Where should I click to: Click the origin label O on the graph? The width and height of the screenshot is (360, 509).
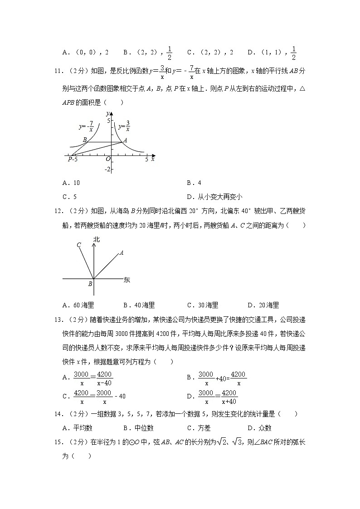coord(108,159)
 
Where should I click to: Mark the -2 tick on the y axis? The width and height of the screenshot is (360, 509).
coord(107,169)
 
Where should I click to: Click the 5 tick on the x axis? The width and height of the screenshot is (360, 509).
coord(146,160)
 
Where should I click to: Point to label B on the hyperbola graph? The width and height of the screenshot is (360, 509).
coord(84,140)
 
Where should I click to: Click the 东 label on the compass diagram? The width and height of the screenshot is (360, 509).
coord(126,280)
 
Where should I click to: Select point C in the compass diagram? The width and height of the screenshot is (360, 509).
coord(78,245)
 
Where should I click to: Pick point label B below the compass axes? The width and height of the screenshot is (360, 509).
coord(90,284)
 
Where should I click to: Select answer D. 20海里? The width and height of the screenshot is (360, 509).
coord(263,305)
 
